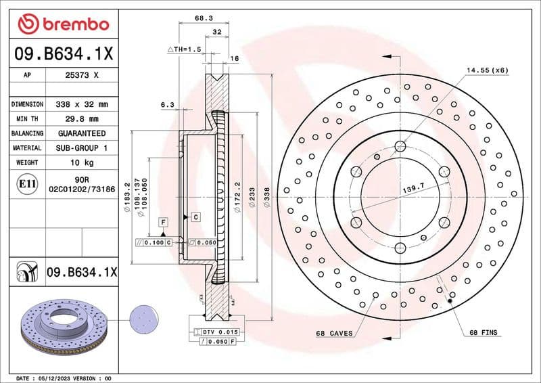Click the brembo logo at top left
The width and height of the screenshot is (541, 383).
[x=63, y=24]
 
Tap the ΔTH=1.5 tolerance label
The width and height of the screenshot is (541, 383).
[x=185, y=49]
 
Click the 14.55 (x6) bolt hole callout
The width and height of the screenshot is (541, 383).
[x=486, y=70]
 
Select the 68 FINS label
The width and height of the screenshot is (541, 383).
[x=482, y=333]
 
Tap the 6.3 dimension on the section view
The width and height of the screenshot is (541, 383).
[x=168, y=105]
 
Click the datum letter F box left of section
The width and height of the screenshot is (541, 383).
[x=163, y=222]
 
